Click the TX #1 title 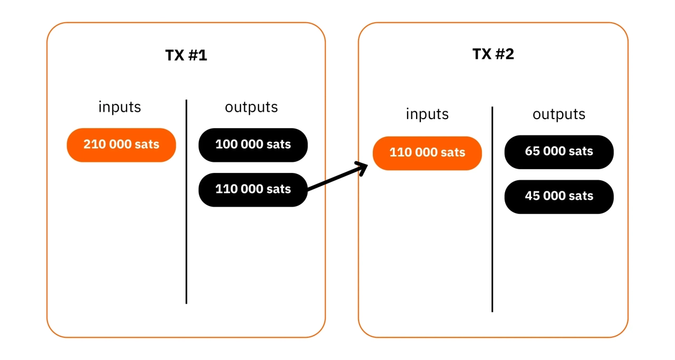(x=186, y=55)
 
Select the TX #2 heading (x=493, y=54)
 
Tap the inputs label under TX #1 (x=120, y=107)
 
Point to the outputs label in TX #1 (x=251, y=107)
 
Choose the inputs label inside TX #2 (x=427, y=114)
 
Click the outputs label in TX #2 (x=558, y=114)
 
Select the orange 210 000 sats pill (x=121, y=144)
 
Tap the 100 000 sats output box (x=253, y=144)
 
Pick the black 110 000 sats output (x=253, y=189)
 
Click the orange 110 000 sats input (x=427, y=153)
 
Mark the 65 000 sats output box (x=559, y=152)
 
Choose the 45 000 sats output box (x=559, y=197)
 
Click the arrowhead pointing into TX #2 (x=362, y=169)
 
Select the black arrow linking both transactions (x=335, y=179)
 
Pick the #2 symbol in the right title (x=505, y=54)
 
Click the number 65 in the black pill (x=531, y=151)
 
